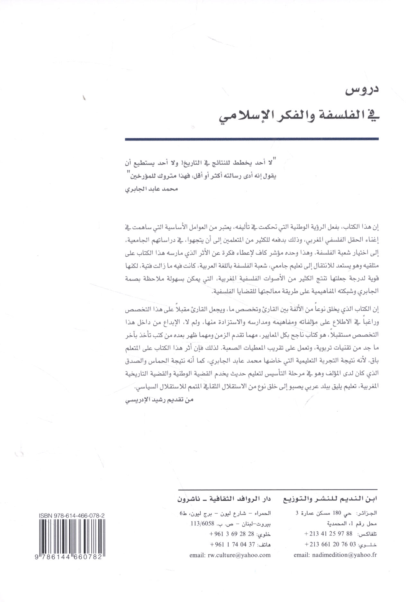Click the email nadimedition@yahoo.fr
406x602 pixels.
[335, 555]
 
